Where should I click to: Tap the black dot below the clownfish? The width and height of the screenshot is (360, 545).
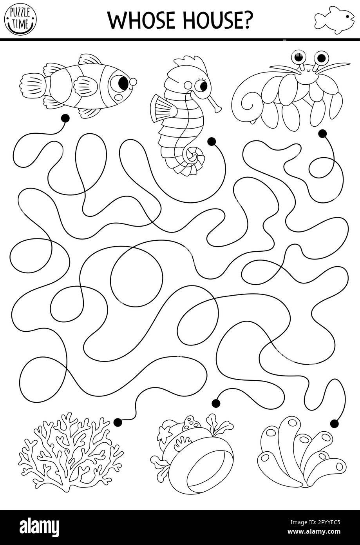65,117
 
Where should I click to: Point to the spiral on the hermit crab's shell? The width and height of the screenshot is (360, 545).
251,103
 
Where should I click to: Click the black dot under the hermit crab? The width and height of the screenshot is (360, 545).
322,134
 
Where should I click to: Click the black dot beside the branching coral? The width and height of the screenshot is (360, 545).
118,422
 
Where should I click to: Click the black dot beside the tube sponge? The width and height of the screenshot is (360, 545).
334,423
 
